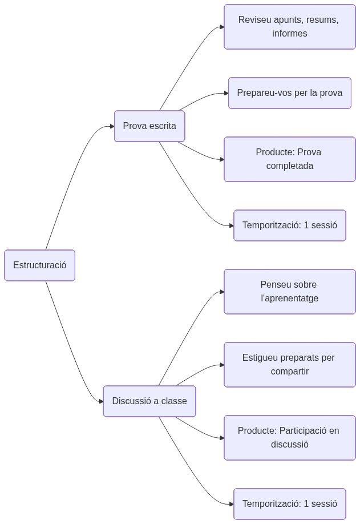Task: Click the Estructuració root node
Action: [x=39, y=265]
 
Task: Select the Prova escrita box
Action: [x=149, y=126]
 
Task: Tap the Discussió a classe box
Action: [x=149, y=401]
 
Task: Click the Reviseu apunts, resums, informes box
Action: [x=289, y=27]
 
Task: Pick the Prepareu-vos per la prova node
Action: [x=289, y=93]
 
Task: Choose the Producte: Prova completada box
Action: [x=289, y=159]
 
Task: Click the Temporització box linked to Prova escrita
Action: [x=289, y=225]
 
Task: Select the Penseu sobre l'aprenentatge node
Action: [x=289, y=292]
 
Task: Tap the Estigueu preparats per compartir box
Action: [x=289, y=365]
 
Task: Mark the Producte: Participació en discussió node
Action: [x=289, y=438]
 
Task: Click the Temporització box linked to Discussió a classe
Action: [x=289, y=504]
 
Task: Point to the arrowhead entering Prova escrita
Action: [x=112, y=126]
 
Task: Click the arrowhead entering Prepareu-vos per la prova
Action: [x=226, y=93]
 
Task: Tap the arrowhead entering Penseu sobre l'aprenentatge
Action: [x=221, y=292]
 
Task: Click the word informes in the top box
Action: [x=289, y=34]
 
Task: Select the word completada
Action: [x=289, y=166]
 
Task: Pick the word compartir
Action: [x=289, y=372]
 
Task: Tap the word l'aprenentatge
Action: [x=289, y=299]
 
